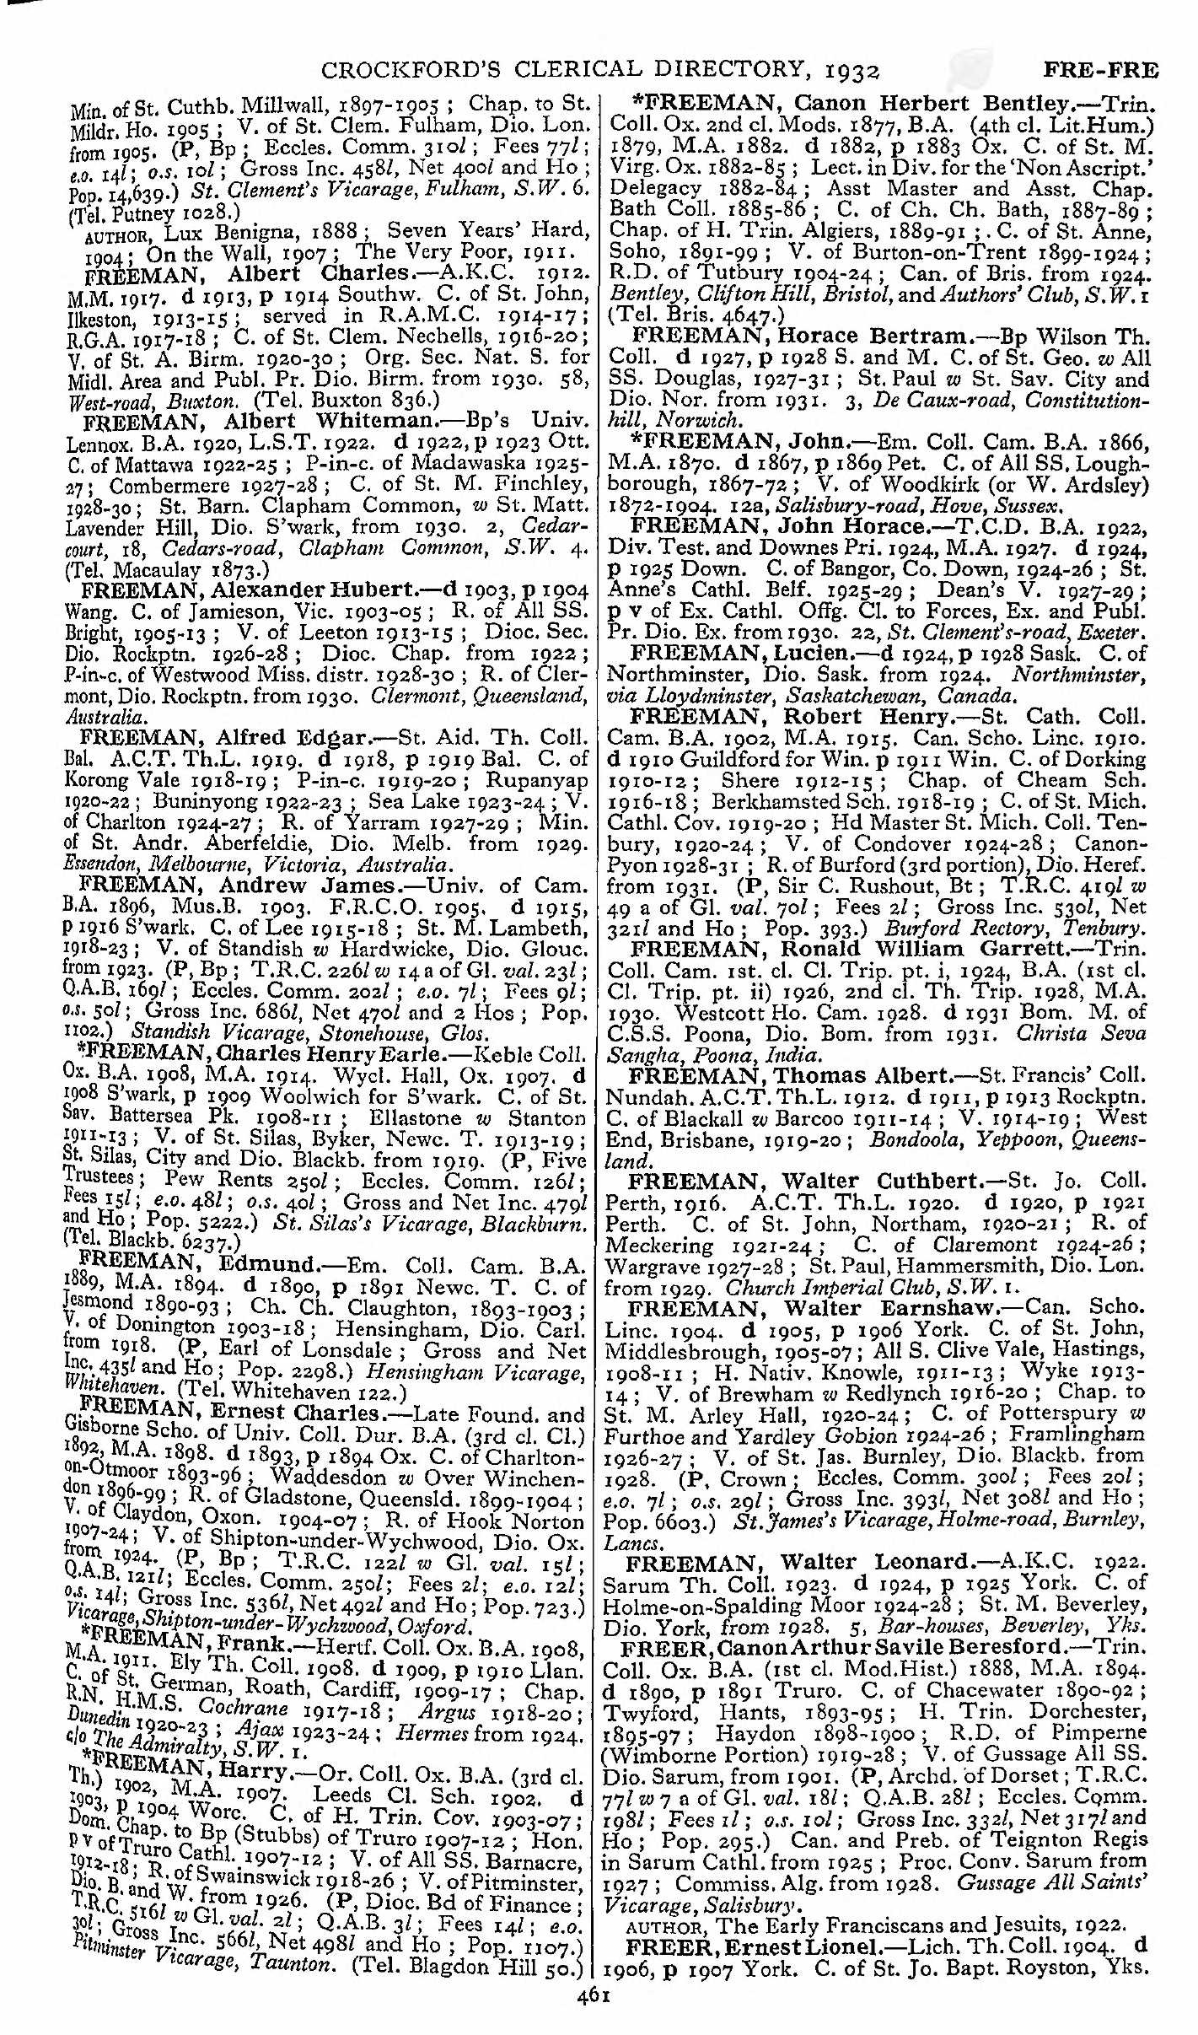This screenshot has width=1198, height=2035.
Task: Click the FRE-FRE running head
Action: pyautogui.click(x=1100, y=70)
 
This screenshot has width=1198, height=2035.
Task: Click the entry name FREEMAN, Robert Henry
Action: pyautogui.click(x=793, y=716)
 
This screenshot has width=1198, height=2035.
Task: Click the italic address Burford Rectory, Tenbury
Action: pyautogui.click(x=1020, y=928)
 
